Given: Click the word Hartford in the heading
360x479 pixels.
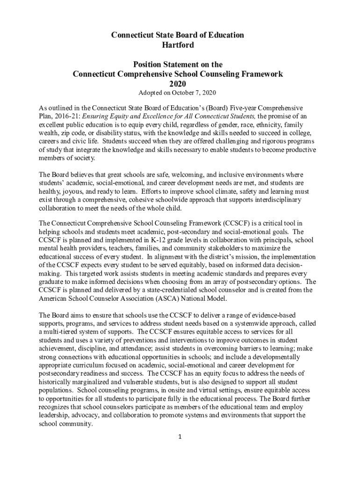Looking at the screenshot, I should pyautogui.click(x=178, y=45).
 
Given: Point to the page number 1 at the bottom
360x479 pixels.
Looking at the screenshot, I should pyautogui.click(x=179, y=437).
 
